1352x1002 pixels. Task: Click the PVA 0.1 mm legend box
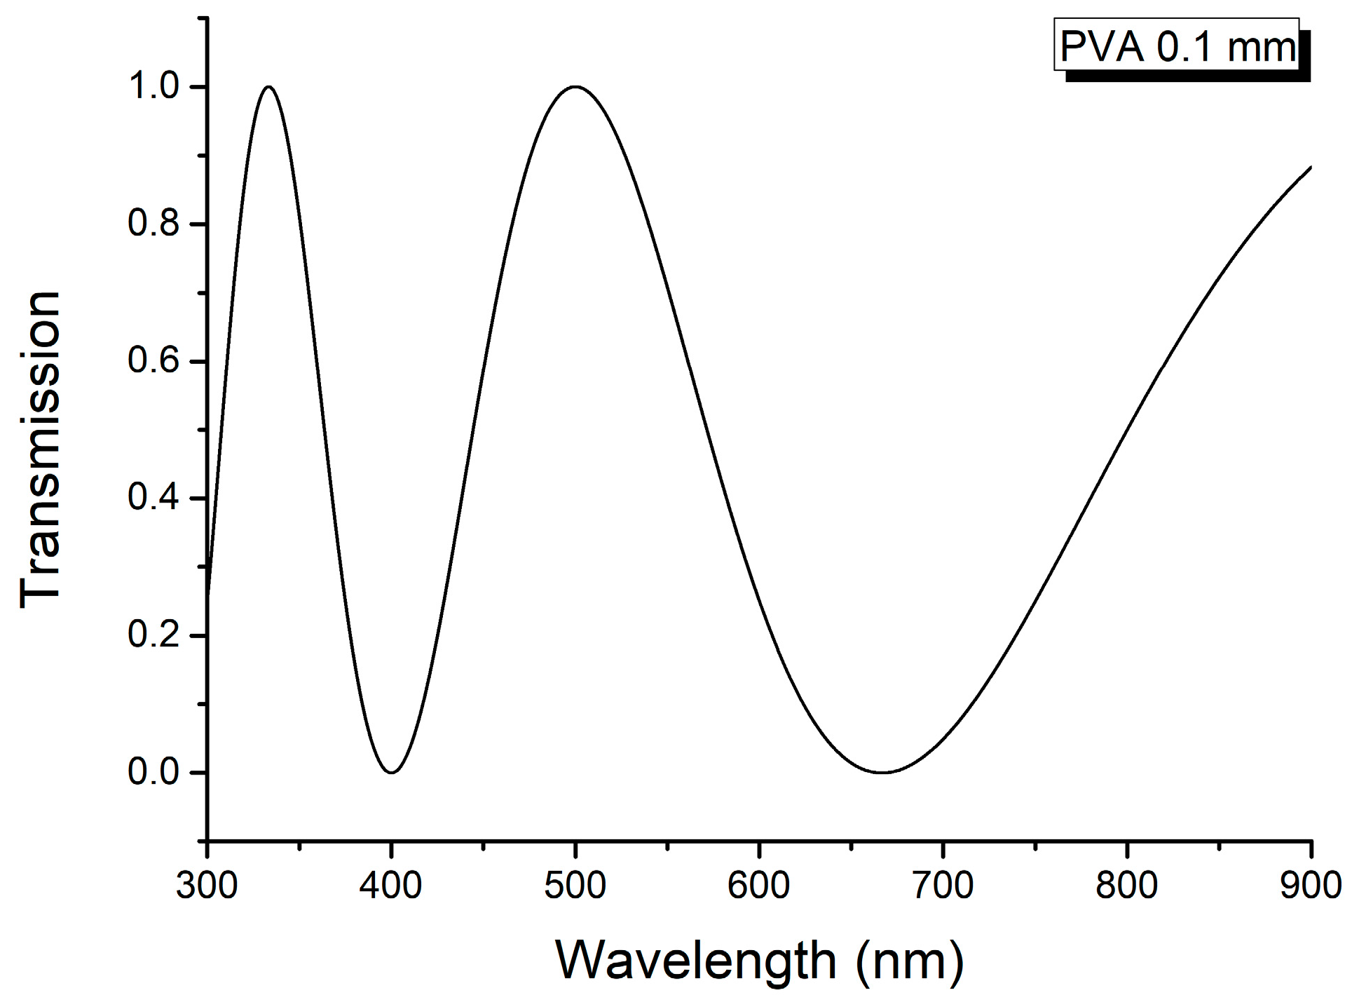(x=1176, y=46)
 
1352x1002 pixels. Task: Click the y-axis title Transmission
(x=40, y=449)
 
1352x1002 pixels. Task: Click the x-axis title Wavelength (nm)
(x=759, y=960)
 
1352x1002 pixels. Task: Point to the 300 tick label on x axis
(x=207, y=886)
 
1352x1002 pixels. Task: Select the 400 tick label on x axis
(x=390, y=886)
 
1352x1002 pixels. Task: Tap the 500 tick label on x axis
(x=575, y=886)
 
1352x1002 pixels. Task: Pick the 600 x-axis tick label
(x=758, y=886)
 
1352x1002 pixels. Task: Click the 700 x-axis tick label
(x=943, y=886)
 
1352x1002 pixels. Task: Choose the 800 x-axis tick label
(x=1126, y=886)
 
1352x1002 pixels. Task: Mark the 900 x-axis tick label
(x=1310, y=886)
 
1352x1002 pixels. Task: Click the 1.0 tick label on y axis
(x=154, y=87)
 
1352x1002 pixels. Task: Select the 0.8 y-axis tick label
(x=154, y=224)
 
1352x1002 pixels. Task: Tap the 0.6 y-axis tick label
(x=154, y=361)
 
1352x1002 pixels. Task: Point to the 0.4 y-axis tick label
(x=154, y=498)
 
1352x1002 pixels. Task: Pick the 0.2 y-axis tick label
(x=154, y=635)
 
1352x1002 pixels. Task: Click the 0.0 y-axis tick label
(x=154, y=772)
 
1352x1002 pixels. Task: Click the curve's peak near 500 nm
(x=575, y=87)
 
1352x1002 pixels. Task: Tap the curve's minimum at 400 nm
(x=392, y=772)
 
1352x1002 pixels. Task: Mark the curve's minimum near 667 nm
(x=882, y=772)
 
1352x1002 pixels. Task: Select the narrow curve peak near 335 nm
(x=269, y=87)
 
